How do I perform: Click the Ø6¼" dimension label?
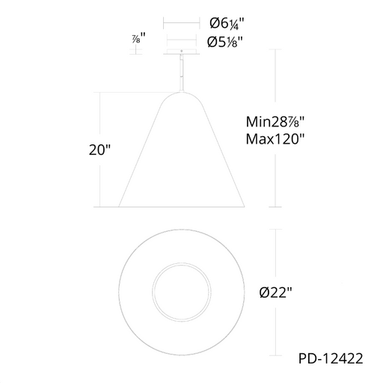click(227, 24)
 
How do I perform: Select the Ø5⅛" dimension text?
click(225, 42)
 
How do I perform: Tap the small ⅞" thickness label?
click(138, 38)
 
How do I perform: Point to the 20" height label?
click(99, 150)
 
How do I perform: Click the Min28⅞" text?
click(275, 122)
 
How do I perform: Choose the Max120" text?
click(275, 139)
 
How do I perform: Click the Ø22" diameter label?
click(275, 292)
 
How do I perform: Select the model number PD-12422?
click(331, 358)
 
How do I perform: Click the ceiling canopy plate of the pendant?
click(181, 52)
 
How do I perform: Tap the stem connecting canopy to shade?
click(182, 73)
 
